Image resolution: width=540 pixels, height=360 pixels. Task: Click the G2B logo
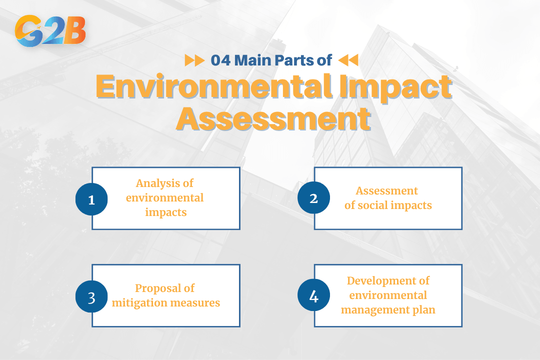pos(50,31)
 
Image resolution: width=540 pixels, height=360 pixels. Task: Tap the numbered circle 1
pos(91,199)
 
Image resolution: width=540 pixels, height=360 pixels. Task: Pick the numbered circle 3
pos(91,296)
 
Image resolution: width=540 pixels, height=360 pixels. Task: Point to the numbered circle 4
pos(313,296)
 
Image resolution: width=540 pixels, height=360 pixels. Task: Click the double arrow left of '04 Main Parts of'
pos(194,60)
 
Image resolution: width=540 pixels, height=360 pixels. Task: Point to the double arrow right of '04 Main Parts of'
pos(348,60)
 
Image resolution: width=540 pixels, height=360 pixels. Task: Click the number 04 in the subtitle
pos(221,60)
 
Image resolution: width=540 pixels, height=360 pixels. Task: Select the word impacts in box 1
pos(165,212)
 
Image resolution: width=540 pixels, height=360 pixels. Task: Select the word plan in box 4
pos(423,310)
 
